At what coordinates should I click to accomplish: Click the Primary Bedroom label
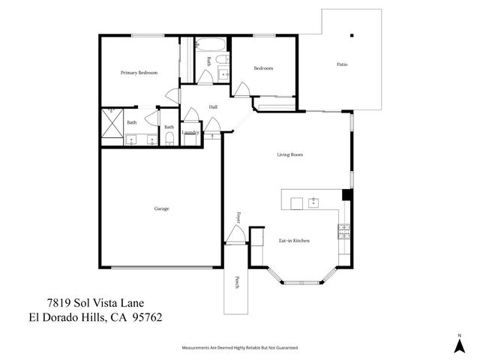coord(139,73)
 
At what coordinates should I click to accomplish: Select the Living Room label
coord(289,155)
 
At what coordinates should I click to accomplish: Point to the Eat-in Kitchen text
coord(294,241)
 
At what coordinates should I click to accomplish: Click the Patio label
coord(341,64)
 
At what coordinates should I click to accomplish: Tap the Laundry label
coord(190,133)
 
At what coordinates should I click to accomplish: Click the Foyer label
coord(238,217)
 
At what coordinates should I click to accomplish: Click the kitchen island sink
coord(313,202)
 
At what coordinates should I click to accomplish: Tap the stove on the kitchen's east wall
coord(343,231)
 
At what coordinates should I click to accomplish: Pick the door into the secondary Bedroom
coord(241,90)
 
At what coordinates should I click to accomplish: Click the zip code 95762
coord(146,317)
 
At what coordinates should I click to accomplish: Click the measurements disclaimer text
coord(240,348)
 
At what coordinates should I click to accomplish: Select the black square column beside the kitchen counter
coord(346,195)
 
